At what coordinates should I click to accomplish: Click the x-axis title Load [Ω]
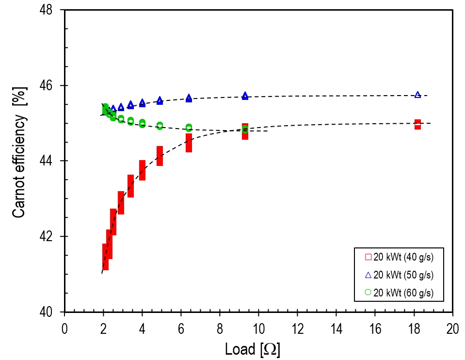[253, 348]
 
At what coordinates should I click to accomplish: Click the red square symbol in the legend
[368, 257]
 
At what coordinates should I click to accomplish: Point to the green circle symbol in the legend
[368, 292]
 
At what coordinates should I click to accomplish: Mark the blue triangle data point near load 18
[417, 95]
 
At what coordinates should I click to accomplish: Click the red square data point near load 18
[417, 124]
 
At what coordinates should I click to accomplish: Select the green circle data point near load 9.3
[245, 129]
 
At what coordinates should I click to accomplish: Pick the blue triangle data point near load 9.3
[245, 96]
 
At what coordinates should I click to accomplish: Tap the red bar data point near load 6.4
[189, 143]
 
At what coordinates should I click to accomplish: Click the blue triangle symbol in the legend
[368, 275]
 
